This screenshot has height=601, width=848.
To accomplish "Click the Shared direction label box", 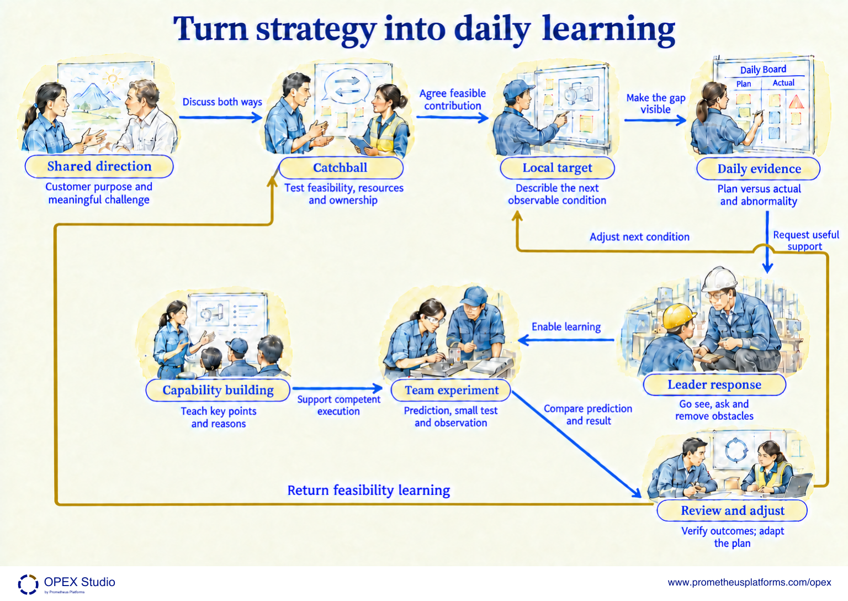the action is [x=99, y=166].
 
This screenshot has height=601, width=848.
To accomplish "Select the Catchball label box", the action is [x=341, y=168].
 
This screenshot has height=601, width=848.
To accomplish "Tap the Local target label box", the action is [x=557, y=168].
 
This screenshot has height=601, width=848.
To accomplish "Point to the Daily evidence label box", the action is [x=759, y=169].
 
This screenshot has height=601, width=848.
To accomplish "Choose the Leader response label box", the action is [x=714, y=385].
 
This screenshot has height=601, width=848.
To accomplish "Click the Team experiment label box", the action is [x=451, y=390].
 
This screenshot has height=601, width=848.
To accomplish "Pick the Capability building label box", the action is [x=218, y=390].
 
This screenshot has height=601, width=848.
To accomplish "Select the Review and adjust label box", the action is [x=732, y=510].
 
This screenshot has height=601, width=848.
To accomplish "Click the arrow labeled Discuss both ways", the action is [x=221, y=118].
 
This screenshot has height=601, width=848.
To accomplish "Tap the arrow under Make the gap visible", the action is [x=655, y=120].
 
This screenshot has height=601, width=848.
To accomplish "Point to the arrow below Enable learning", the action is [x=566, y=340].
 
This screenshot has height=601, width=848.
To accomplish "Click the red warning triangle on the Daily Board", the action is [x=796, y=102].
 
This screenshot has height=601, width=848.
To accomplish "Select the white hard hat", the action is [x=719, y=280].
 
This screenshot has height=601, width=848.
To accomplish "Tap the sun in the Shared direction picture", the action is [x=113, y=79].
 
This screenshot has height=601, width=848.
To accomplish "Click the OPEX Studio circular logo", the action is [x=28, y=584].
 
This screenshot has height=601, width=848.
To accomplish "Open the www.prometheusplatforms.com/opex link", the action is [x=749, y=582].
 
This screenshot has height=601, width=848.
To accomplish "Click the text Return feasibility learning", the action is [x=369, y=491].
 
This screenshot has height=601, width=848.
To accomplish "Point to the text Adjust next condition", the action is [x=639, y=237].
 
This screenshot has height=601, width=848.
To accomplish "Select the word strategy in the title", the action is [x=316, y=30].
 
